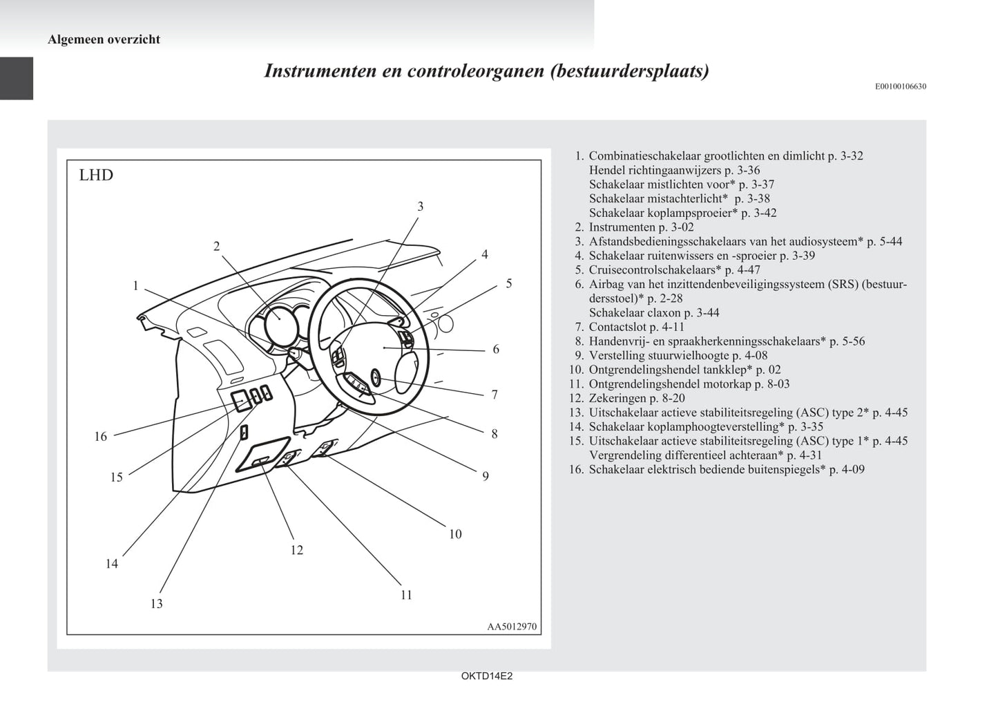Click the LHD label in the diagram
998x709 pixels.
click(96, 175)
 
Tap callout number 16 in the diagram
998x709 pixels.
click(101, 436)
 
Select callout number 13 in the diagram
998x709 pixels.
click(157, 603)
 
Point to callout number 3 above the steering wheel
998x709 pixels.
click(420, 206)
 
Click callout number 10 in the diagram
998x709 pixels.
click(455, 533)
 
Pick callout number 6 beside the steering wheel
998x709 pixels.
click(496, 349)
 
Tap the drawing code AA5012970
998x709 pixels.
click(512, 627)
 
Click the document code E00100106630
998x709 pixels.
click(901, 86)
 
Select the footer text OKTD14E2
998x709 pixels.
click(487, 677)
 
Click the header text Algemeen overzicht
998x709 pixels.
click(104, 39)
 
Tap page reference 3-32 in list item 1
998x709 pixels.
click(852, 156)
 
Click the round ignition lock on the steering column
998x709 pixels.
click(375, 377)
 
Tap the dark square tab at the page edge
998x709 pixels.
click(17, 78)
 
